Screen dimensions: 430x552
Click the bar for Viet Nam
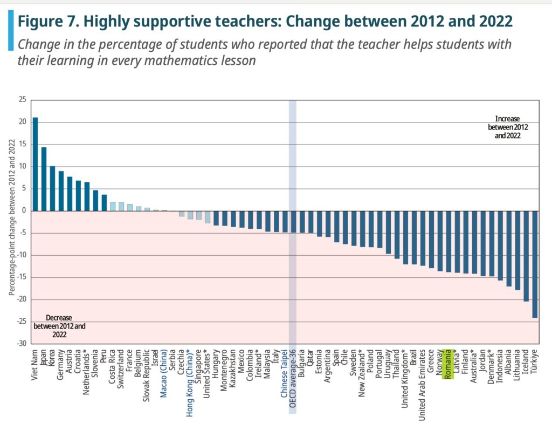tap(36, 164)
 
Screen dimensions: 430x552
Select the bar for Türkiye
tap(535, 264)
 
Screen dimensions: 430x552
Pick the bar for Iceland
tap(526, 256)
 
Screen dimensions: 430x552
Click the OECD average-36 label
tap(293, 378)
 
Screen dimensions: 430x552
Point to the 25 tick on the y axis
tap(22, 100)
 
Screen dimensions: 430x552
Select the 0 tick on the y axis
tap(24, 210)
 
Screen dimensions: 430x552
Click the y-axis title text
tap(11, 222)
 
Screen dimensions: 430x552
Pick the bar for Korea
tap(53, 188)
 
